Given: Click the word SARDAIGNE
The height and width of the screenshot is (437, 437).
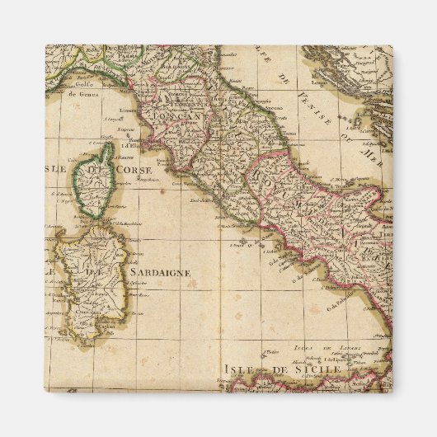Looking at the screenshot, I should pos(159,270).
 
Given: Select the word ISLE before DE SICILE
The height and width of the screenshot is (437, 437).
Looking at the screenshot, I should pos(241,369).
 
